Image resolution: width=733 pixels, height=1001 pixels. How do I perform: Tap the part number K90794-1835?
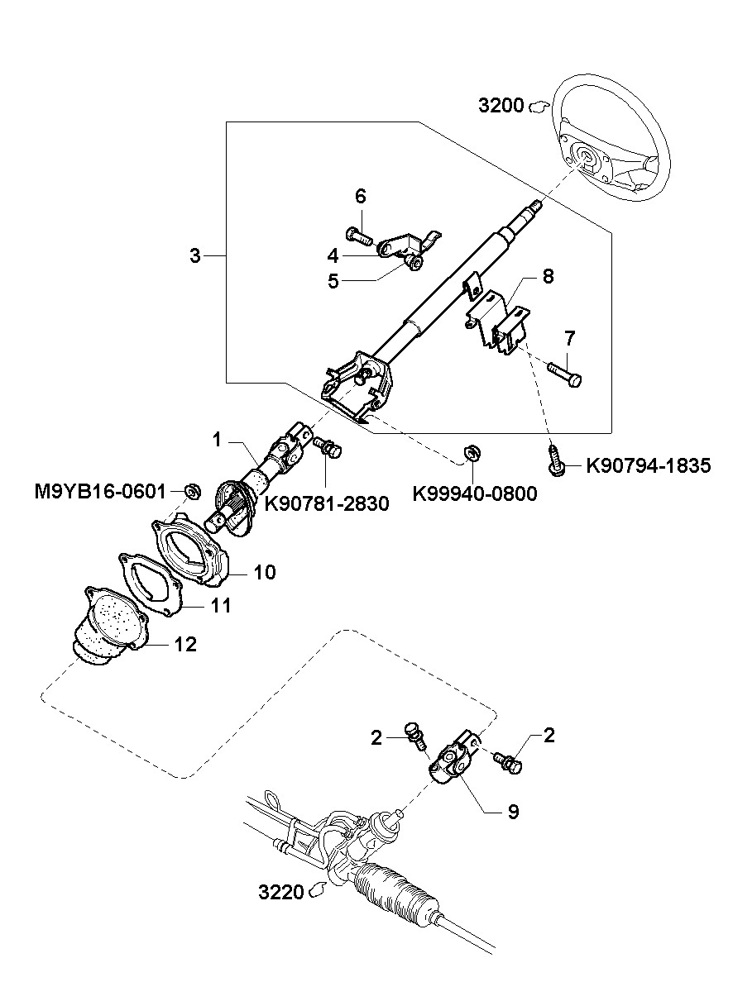[x=648, y=466]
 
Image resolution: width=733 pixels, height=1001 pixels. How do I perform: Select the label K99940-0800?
[x=475, y=493]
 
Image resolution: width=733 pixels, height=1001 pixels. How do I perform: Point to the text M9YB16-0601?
[x=100, y=492]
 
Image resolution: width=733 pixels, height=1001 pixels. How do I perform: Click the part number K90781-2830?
[x=327, y=503]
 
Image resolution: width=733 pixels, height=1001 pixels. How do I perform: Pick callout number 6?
[x=361, y=196]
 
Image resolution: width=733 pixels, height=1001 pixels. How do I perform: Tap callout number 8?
[x=548, y=277]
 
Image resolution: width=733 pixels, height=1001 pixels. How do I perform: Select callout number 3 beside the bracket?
[x=195, y=256]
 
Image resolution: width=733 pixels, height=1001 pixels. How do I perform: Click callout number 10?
[x=264, y=572]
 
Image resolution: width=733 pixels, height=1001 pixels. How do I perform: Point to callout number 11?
[x=221, y=606]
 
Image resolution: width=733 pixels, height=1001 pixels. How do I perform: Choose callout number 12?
[x=185, y=644]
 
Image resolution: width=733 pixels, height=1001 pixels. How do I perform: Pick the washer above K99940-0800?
[x=471, y=452]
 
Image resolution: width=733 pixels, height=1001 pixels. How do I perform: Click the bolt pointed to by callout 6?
[x=360, y=235]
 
